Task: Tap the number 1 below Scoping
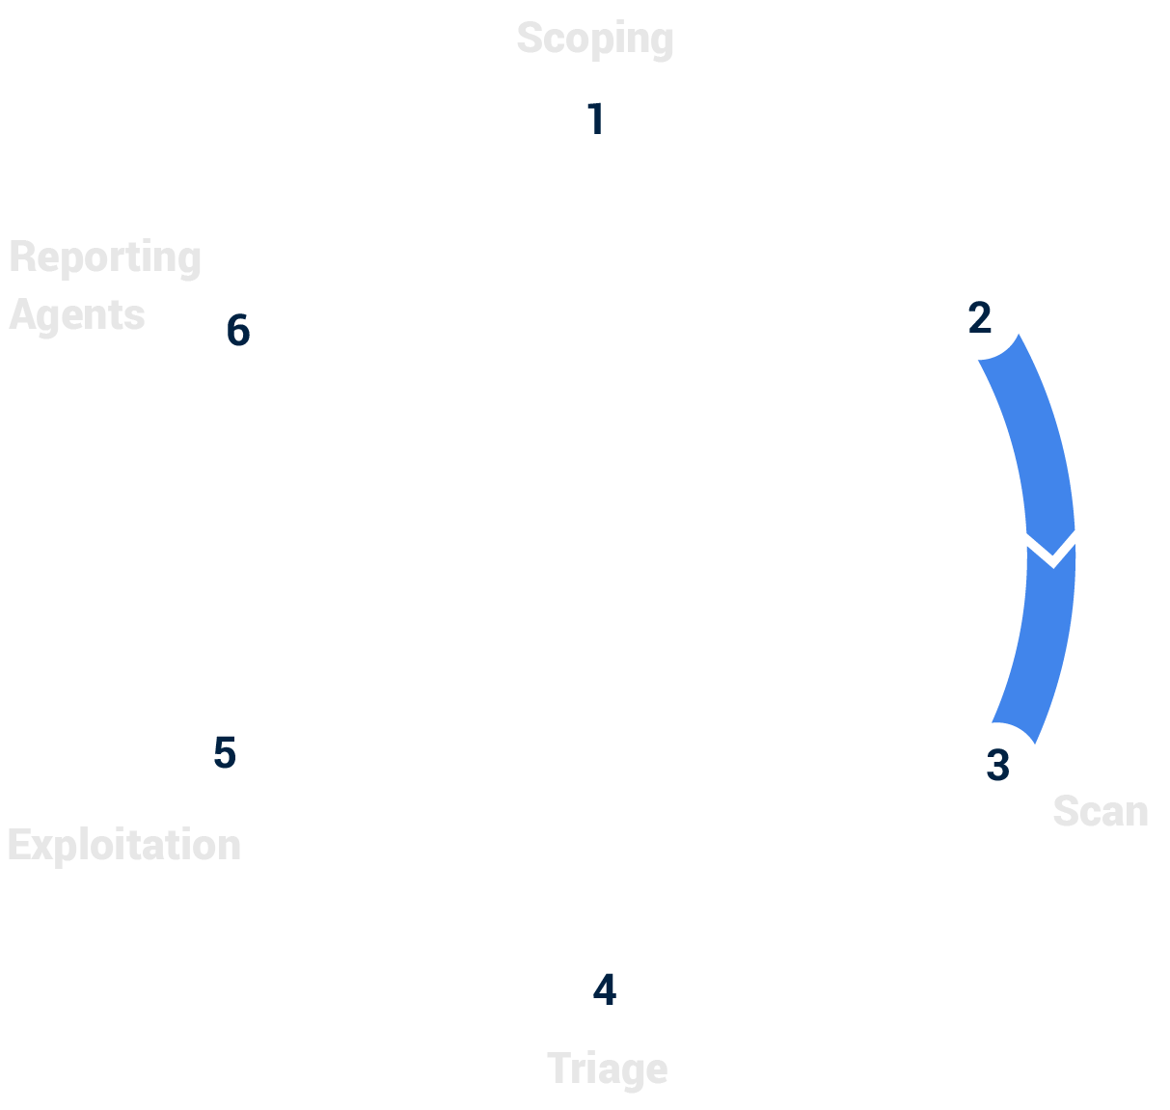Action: click(x=595, y=120)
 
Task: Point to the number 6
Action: click(x=237, y=331)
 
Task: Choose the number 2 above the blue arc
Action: click(x=979, y=318)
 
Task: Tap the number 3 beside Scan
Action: click(x=997, y=765)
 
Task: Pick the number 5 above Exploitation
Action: click(x=225, y=753)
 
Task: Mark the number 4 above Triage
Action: click(x=604, y=990)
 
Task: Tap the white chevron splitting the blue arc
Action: click(x=1051, y=549)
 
